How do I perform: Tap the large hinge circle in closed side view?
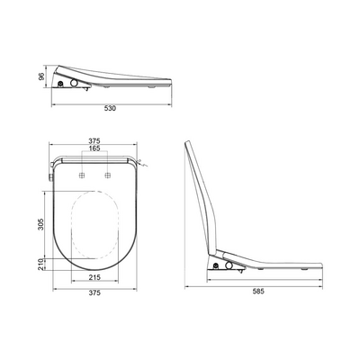[x=72, y=84]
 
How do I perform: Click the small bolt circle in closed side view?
[x=60, y=85]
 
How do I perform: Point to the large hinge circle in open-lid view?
[x=227, y=267]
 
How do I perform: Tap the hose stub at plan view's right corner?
[x=144, y=165]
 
